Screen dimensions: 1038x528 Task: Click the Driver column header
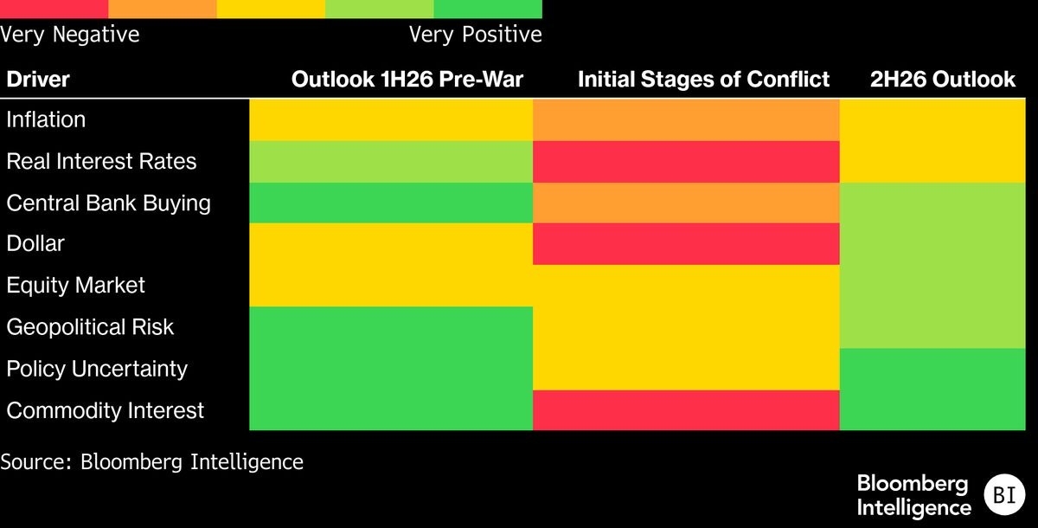pyautogui.click(x=38, y=80)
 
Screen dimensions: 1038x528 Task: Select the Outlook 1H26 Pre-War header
pyautogui.click(x=407, y=80)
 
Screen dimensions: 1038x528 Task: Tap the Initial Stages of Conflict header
pyautogui.click(x=703, y=80)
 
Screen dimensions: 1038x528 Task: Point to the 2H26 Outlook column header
pyautogui.click(x=943, y=80)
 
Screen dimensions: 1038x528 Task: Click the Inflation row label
pyautogui.click(x=46, y=119)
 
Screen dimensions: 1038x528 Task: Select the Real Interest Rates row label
pyautogui.click(x=101, y=161)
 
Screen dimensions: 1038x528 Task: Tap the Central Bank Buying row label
pyautogui.click(x=108, y=203)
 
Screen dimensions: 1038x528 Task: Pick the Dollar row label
pyautogui.click(x=35, y=243)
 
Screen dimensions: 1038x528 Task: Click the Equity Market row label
pyautogui.click(x=75, y=285)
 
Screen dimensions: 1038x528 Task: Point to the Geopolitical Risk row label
pyautogui.click(x=90, y=327)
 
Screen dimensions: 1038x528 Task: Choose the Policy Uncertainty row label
pyautogui.click(x=97, y=369)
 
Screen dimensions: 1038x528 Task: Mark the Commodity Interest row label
pyautogui.click(x=106, y=411)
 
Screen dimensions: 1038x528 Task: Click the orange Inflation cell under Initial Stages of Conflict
pyautogui.click(x=686, y=120)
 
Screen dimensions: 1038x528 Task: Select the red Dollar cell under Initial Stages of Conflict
pyautogui.click(x=686, y=244)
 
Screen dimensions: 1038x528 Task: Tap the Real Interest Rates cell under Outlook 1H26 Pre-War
pyautogui.click(x=391, y=162)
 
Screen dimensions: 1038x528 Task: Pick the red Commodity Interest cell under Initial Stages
pyautogui.click(x=686, y=410)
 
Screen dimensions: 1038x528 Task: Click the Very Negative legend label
pyautogui.click(x=69, y=35)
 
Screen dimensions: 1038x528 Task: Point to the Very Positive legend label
pyautogui.click(x=476, y=35)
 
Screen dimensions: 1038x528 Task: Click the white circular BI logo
pyautogui.click(x=1004, y=494)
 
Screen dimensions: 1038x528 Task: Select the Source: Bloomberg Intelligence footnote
pyautogui.click(x=151, y=462)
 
